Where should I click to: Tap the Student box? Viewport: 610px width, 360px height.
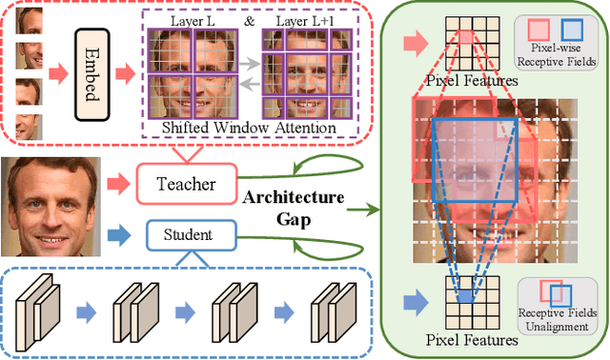[x=176, y=232]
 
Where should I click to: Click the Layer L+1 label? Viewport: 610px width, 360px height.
[x=307, y=19]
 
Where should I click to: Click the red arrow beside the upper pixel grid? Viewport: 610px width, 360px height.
[x=417, y=41]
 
